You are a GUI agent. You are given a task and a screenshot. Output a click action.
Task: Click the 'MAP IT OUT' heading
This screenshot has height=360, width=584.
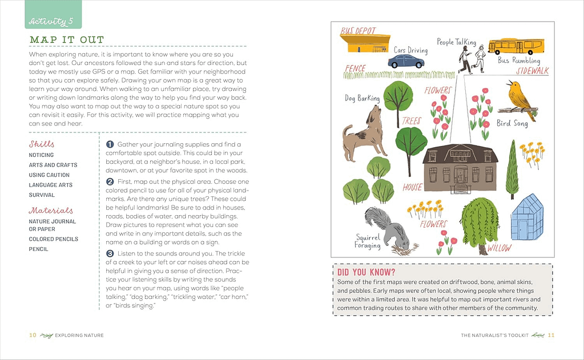pos(67,40)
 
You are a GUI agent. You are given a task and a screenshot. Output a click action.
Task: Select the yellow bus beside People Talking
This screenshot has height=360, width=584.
pos(515,46)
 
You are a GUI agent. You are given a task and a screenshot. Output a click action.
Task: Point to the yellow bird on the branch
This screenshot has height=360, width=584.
pos(519,99)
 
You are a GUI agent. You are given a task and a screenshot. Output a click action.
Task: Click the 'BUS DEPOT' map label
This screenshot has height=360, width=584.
pos(359,30)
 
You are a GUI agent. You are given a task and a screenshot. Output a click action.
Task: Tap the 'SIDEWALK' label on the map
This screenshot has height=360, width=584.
pos(532,71)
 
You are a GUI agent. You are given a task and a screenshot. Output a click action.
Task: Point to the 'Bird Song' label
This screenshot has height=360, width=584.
pos(512,123)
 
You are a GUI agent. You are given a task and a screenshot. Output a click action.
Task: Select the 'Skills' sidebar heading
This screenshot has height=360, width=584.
pos(42,144)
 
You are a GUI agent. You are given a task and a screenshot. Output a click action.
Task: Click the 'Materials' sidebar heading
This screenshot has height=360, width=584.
pos(51,211)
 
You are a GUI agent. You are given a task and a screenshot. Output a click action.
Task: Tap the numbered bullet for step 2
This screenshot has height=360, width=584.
pos(110,182)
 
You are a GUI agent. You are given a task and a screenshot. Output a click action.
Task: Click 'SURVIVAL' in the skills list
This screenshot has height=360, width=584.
pos(42,195)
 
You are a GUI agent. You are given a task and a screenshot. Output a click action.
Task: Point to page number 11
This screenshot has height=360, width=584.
pos(551,335)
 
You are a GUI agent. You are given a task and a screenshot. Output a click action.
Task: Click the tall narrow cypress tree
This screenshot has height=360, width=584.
pos(512,168)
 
